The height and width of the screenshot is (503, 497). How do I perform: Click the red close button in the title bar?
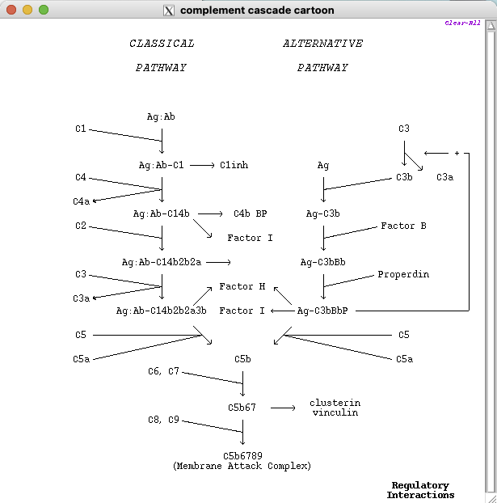click(12, 10)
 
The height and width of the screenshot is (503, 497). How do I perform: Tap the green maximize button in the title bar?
click(44, 10)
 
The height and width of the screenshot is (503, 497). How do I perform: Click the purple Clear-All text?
click(462, 23)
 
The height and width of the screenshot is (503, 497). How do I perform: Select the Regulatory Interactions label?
click(420, 490)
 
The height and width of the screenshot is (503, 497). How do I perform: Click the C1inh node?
click(234, 165)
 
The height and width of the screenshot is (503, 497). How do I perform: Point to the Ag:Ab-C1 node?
click(162, 165)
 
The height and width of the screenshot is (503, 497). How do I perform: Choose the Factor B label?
click(403, 226)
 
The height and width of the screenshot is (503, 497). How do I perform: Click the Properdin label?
click(403, 274)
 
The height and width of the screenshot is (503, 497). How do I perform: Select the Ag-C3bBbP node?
click(322, 311)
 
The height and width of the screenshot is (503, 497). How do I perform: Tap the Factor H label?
click(242, 286)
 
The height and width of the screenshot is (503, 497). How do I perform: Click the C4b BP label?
click(251, 213)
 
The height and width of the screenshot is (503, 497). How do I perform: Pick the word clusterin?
click(335, 403)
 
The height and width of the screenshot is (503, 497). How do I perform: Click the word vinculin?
click(335, 412)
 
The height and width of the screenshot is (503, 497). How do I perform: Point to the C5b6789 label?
click(242, 456)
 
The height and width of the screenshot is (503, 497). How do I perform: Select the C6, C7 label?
click(163, 371)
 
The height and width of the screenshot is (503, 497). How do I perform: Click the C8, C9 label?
click(163, 420)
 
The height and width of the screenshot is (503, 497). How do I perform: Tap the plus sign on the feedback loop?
click(457, 153)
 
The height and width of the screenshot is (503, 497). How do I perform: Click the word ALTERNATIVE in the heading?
click(322, 44)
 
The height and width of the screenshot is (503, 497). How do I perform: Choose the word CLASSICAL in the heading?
click(162, 44)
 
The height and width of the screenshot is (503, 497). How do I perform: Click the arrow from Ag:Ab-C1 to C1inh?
click(202, 165)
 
